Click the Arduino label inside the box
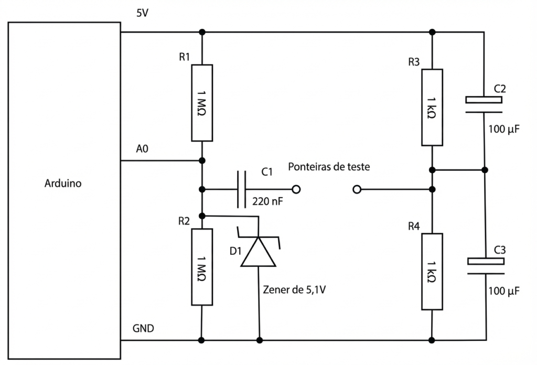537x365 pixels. coord(63,184)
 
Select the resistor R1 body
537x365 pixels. coord(202,103)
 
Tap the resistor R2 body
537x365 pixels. coord(202,267)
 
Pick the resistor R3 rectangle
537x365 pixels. coord(432,107)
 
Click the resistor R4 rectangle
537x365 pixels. coord(432,272)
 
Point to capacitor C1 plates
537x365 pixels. coord(242,189)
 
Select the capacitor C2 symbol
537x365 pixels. coord(485,104)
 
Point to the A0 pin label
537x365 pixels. coord(142,149)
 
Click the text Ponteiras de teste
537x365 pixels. coord(329,167)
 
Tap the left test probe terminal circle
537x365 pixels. coord(296,189)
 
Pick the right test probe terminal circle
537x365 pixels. coord(357,189)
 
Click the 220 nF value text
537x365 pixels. coord(267,201)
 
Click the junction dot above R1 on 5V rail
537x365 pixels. coord(202,32)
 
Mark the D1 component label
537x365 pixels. coord(235,251)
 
